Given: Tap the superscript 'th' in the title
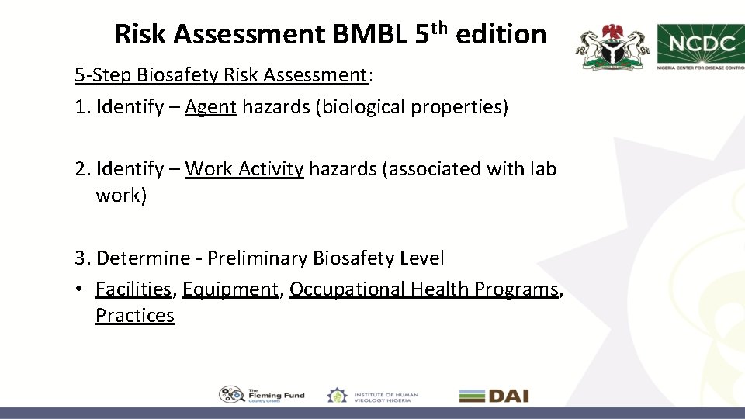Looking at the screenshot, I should tap(440, 28).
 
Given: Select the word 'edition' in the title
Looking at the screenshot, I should tap(501, 34).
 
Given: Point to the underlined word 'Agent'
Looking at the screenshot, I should tap(210, 106).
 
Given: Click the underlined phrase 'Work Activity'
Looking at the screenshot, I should tap(244, 168).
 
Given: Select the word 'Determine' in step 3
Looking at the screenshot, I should tap(144, 258).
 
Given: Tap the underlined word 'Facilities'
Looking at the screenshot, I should tap(133, 289).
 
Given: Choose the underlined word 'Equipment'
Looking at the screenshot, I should tap(230, 289).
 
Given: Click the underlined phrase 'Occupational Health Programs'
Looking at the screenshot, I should tap(424, 289).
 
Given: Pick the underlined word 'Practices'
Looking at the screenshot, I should tap(135, 315).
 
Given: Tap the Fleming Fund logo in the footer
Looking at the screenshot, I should tap(262, 395).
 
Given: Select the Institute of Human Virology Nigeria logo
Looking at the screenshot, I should tap(372, 395).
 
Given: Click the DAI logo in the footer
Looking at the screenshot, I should tap(494, 395).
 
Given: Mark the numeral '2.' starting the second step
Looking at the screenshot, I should tap(83, 168).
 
